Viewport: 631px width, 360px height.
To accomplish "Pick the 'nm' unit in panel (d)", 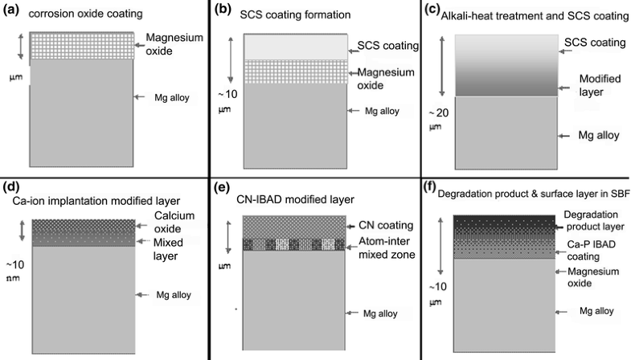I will coord(11,281).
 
